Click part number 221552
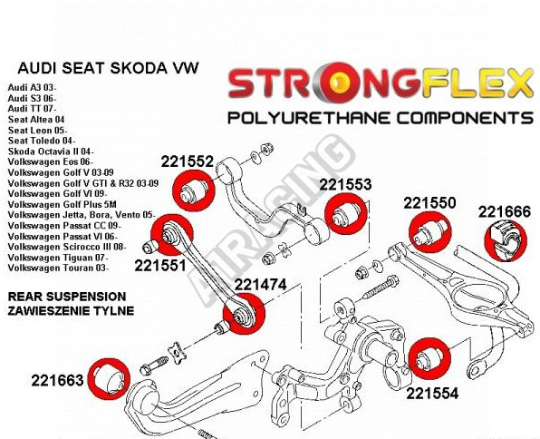[188, 161]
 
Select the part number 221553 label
[345, 184]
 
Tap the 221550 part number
[429, 203]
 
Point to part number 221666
[505, 211]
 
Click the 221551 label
[160, 266]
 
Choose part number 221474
[260, 285]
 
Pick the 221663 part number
[57, 380]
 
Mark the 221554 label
[432, 394]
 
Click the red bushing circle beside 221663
[109, 378]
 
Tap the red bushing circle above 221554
[429, 358]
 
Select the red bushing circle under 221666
[506, 240]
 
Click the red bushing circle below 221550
[430, 232]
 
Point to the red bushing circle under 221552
[193, 190]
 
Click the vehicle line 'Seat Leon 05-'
[37, 131]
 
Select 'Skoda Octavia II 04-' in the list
[51, 151]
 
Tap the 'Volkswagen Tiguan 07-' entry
[58, 258]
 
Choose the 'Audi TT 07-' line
[32, 109]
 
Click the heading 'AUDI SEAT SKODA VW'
[108, 68]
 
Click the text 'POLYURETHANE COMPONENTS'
[381, 118]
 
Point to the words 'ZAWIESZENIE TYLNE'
[71, 311]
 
